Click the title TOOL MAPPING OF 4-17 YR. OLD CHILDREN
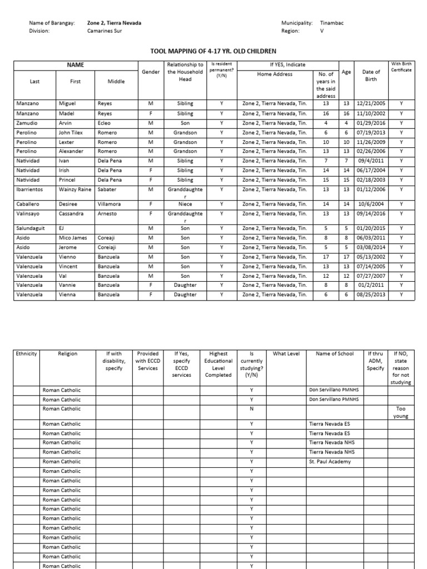click(x=213, y=51)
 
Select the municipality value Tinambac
click(x=332, y=23)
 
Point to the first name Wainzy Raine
click(x=75, y=189)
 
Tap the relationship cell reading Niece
click(x=185, y=204)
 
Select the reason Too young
click(x=401, y=412)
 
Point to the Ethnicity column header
click(x=26, y=353)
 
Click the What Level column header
click(x=286, y=353)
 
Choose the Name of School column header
click(x=334, y=353)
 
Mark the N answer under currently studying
click(x=251, y=408)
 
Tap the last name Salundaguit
click(x=31, y=228)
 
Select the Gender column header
click(x=151, y=72)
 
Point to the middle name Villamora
click(x=112, y=204)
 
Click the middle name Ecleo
click(x=105, y=123)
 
